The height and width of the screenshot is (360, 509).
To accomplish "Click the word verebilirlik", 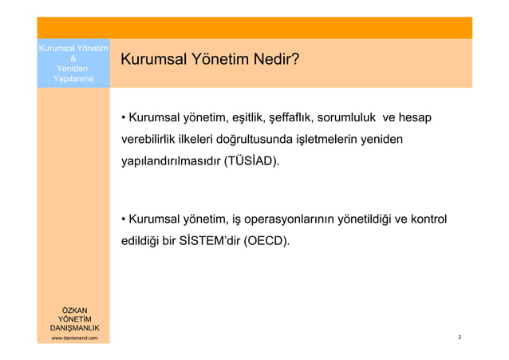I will (147, 140).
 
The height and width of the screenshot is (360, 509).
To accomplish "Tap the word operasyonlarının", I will (290, 219).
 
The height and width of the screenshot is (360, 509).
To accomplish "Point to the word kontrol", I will (427, 219).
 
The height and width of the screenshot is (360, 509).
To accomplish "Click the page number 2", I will (460, 338).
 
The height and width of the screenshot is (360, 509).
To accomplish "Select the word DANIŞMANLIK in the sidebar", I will (74, 328).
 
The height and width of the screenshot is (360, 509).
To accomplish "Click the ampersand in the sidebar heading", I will (73, 58).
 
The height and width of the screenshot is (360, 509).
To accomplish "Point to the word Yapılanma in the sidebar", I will (73, 78).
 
